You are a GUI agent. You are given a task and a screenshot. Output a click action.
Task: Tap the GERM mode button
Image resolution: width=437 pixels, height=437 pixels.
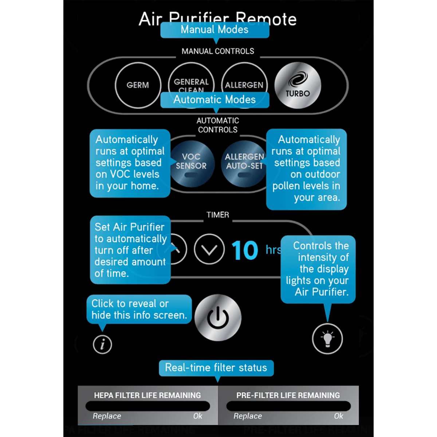coord(138,85)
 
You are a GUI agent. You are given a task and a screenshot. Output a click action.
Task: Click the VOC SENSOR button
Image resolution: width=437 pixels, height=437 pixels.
coord(191,162)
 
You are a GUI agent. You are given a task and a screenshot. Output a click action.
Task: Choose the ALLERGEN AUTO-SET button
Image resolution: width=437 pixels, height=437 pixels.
coord(244,162)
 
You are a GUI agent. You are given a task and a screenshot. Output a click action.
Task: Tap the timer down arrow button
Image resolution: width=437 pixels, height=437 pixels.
coord(209,249)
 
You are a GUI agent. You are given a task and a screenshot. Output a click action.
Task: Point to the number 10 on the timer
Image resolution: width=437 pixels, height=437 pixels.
coord(245,251)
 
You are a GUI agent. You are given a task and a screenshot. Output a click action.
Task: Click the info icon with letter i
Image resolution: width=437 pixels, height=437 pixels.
coord(102,344)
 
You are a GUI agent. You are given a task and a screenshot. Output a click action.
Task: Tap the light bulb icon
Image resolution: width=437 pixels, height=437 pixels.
coord(327,339)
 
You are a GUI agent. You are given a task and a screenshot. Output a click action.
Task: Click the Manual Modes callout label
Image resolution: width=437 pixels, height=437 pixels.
coord(214,29)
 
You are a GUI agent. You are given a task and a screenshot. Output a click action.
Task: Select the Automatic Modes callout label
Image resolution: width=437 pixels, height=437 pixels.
coord(214,99)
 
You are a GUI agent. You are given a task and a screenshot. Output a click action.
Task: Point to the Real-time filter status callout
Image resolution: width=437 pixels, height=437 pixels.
coord(216,368)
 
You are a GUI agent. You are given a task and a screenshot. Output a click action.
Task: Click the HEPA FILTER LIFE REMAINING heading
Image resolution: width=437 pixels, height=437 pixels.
coord(147,395)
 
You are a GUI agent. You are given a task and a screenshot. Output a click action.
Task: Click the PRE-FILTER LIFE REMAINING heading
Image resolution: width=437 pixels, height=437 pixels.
coord(288,395)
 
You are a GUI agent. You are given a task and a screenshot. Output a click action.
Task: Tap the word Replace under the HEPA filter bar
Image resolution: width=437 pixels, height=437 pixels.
coord(107,416)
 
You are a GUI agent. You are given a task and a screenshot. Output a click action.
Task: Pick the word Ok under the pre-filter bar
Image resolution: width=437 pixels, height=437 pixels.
coord(339,416)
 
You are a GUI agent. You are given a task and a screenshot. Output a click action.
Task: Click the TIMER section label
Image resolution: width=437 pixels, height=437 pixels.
coord(218,215)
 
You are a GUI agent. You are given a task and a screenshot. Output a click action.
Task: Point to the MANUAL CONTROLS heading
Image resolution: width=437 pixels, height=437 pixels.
coord(218,51)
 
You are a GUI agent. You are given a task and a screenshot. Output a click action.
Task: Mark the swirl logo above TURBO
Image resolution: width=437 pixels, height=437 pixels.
coord(298,79)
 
